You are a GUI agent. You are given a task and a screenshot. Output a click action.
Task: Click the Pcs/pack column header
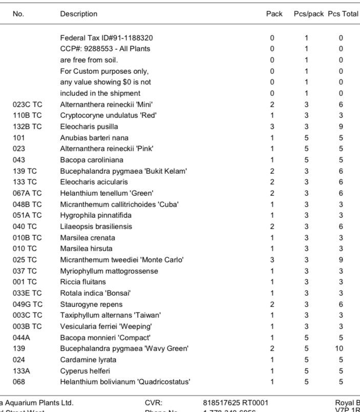click(308, 14)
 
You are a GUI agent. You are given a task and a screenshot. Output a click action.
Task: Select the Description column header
click(78, 14)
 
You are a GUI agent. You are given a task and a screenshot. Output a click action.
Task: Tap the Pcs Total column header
click(343, 14)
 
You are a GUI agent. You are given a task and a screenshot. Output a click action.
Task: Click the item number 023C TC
click(28, 104)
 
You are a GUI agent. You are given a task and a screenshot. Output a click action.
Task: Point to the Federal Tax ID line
click(107, 37)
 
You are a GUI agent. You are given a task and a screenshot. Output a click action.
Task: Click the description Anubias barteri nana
click(94, 137)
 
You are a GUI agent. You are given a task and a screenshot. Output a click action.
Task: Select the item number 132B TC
click(28, 126)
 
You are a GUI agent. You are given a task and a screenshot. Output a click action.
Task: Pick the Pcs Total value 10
click(341, 348)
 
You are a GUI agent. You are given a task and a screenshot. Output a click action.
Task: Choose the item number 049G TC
click(28, 304)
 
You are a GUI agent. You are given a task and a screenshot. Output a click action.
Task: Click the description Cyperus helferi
click(85, 370)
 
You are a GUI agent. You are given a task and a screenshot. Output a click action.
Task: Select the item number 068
click(19, 382)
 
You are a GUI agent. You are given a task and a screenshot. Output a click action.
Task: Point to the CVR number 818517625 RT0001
click(236, 403)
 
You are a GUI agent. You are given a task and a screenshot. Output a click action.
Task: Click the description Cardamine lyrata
click(88, 360)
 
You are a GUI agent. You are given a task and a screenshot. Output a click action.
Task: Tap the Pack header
click(274, 14)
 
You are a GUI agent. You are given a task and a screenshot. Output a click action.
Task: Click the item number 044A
click(21, 337)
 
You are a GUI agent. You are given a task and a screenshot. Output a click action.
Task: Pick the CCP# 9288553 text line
click(105, 49)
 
